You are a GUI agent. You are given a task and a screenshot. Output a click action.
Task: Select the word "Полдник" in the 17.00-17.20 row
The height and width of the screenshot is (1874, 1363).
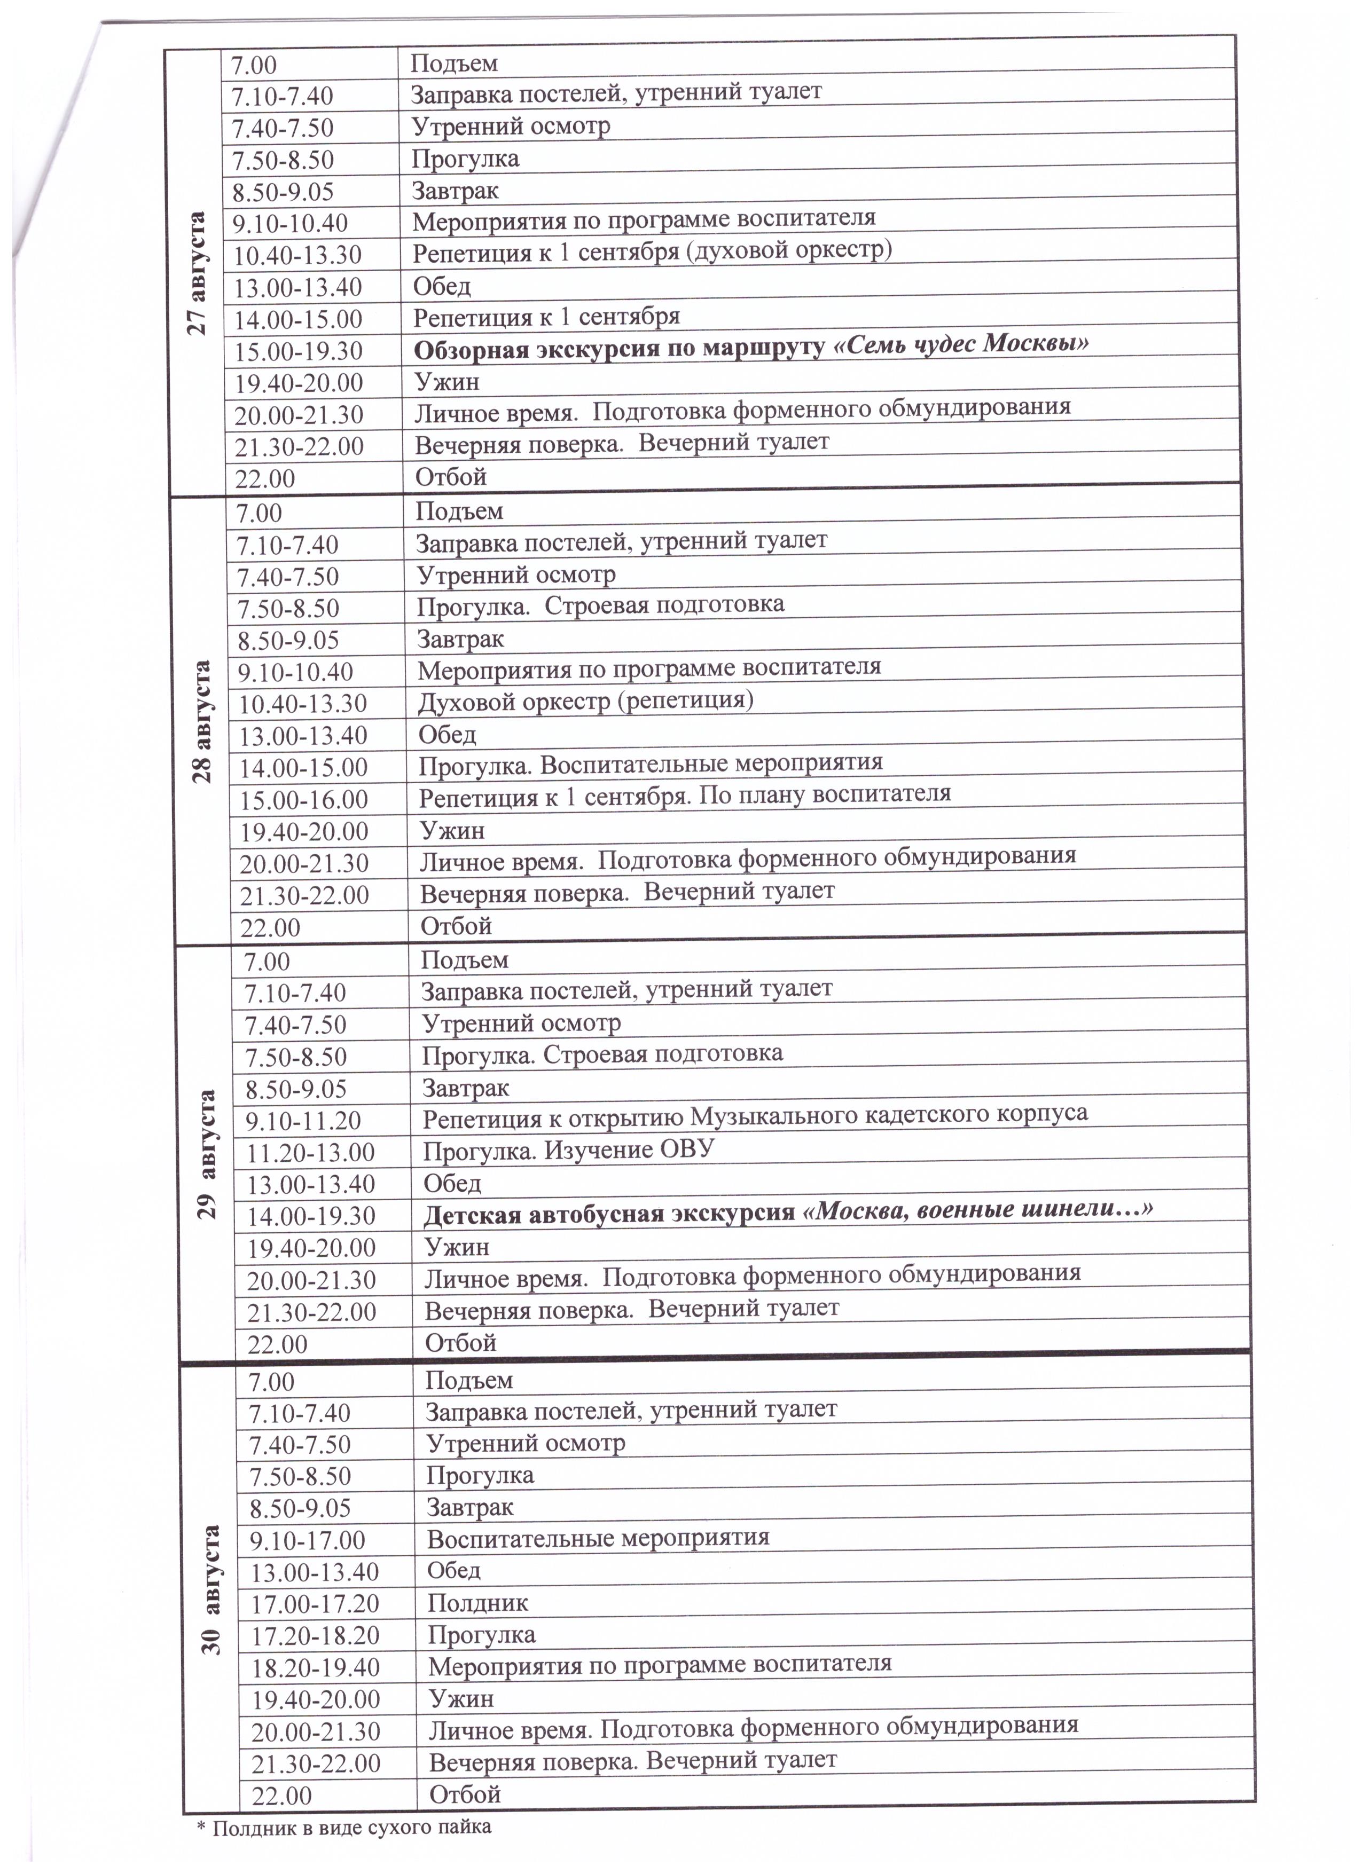click(478, 1603)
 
